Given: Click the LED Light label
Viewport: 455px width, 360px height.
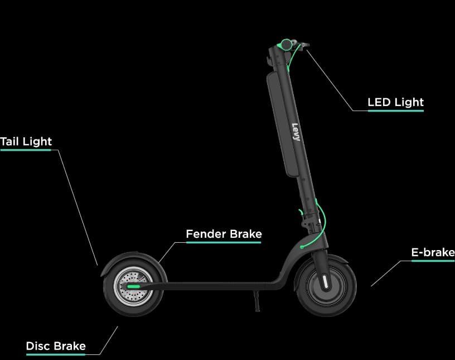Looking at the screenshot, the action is (395, 102).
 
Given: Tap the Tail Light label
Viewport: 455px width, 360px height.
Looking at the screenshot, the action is (26, 142).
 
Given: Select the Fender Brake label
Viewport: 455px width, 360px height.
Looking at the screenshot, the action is (224, 234).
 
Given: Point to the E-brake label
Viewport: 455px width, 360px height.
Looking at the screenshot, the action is (433, 252).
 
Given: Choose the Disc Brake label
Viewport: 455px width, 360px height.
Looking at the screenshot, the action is (56, 346).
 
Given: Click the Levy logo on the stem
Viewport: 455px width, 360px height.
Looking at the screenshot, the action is (296, 132).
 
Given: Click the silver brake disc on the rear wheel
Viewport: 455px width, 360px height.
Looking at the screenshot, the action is (133, 286).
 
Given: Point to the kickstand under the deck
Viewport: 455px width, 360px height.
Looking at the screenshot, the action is (257, 301).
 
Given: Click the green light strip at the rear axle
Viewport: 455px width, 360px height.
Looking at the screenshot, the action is (134, 286).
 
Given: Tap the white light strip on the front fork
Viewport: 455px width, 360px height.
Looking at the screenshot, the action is (325, 281).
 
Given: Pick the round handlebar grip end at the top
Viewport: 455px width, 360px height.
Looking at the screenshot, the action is (287, 45).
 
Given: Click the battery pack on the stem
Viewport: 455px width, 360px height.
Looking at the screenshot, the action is (282, 124).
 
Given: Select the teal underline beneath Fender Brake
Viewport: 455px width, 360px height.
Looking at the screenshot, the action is (224, 242).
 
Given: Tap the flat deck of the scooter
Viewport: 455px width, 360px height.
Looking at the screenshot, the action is (215, 286).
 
